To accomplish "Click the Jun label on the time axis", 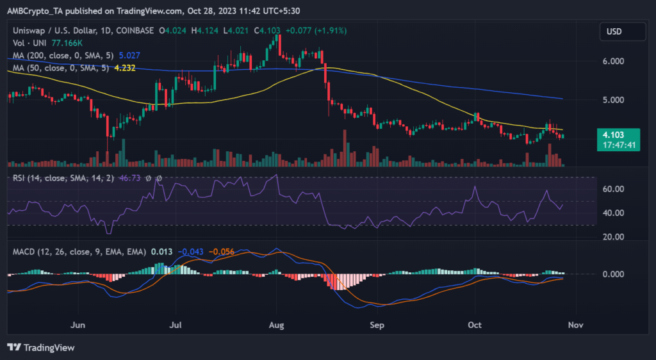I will pos(78,325).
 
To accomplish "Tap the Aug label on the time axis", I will pos(276,325).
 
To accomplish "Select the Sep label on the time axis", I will pos(377,325).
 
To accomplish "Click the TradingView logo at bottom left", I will pos(41,348).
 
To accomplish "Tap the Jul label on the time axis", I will pos(176,325).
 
